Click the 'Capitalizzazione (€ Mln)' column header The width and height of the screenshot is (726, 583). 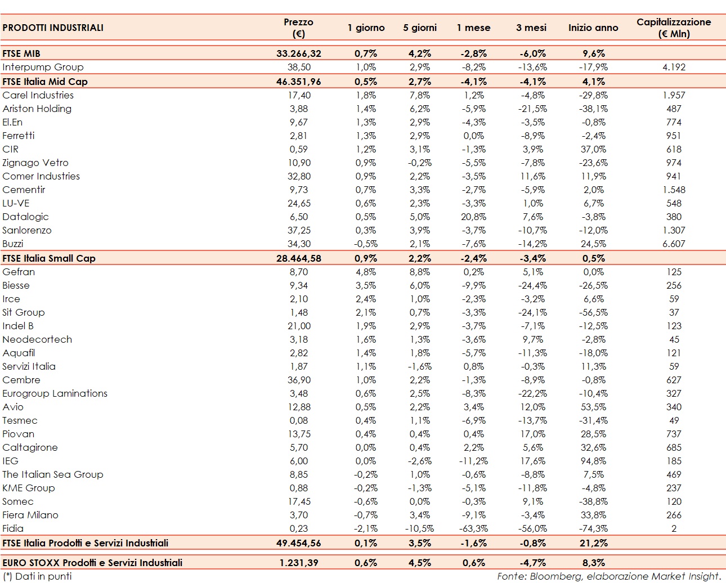(674, 28)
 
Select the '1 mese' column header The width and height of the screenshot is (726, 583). (473, 28)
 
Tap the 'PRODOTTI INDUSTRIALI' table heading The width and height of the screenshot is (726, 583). (53, 28)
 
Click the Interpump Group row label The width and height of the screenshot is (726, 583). (43, 67)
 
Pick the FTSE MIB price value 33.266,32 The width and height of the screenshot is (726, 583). (299, 53)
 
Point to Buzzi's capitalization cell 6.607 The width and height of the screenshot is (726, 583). (674, 244)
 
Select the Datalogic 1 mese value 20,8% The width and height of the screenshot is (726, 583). (474, 217)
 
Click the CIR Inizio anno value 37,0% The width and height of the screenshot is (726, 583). (594, 149)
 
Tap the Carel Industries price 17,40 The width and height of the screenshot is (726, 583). (299, 95)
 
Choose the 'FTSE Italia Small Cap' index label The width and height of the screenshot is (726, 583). (49, 258)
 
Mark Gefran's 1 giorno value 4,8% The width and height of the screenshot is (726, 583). (366, 272)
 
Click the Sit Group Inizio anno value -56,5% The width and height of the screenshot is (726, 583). (593, 312)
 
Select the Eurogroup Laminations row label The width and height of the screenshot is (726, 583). (55, 393)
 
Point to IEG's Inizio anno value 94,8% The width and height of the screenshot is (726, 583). (594, 461)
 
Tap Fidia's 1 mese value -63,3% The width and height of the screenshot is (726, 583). (473, 528)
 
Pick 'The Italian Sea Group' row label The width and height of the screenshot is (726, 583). (53, 474)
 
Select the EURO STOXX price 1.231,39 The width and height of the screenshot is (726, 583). (299, 563)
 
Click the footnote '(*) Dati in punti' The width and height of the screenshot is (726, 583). (37, 576)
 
